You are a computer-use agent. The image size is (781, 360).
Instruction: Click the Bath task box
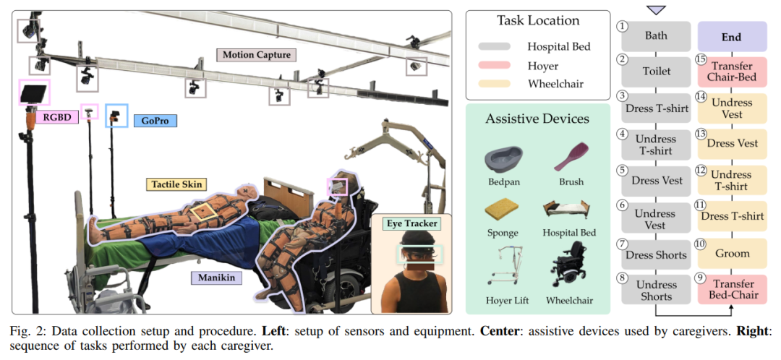point(657,35)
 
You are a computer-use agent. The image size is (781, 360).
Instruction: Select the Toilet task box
point(657,72)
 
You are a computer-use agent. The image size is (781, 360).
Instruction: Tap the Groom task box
point(731,254)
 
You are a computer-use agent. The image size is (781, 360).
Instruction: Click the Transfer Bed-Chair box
point(731,290)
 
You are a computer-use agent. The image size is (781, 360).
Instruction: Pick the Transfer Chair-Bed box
point(731,72)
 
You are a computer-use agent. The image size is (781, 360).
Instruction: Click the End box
point(731,36)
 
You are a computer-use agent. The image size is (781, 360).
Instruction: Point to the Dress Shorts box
point(657,254)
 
